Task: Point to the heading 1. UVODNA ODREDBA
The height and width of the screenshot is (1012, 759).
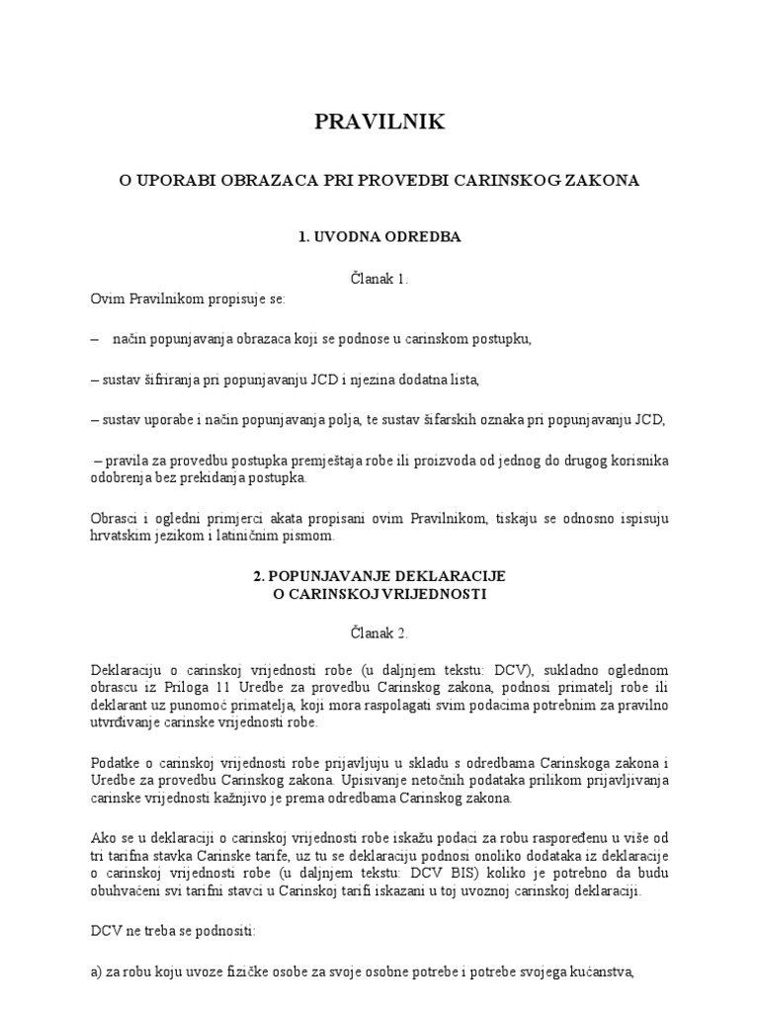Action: pos(379,238)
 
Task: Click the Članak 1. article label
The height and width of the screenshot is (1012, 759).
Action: pos(379,280)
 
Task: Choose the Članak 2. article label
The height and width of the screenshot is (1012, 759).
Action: pos(379,632)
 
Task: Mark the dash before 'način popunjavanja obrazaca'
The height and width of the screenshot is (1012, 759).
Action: pos(94,339)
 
